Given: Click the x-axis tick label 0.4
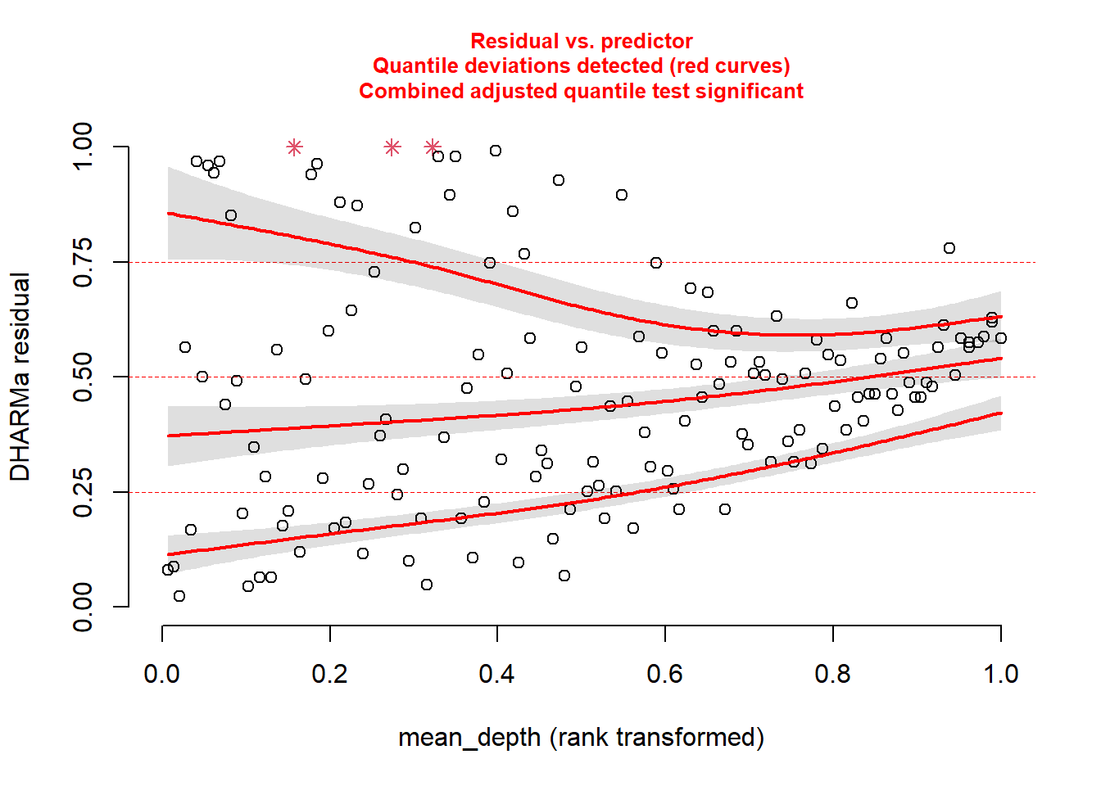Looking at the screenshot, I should click(x=496, y=674).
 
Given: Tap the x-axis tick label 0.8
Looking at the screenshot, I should click(x=832, y=674).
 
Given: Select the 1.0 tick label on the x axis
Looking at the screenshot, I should click(x=1000, y=674).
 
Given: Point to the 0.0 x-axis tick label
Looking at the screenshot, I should click(x=161, y=674).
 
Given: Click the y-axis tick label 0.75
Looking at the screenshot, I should click(x=84, y=262).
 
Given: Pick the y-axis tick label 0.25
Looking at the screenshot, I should click(x=84, y=492).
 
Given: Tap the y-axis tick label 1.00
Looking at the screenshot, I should click(x=84, y=147).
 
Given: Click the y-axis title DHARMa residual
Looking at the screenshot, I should click(x=20, y=377).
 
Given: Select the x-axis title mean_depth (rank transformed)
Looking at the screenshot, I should click(x=581, y=738).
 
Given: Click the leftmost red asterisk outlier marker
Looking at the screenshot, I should click(x=295, y=147).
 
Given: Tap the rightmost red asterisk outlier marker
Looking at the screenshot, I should click(x=433, y=147).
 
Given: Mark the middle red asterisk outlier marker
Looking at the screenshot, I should click(x=392, y=147).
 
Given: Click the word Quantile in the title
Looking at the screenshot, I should click(x=415, y=65).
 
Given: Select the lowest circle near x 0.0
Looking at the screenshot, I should click(x=179, y=596).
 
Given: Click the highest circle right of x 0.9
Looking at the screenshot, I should click(x=949, y=248).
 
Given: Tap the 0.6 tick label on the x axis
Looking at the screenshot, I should click(x=664, y=674).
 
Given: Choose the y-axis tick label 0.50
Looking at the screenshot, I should click(x=84, y=377).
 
